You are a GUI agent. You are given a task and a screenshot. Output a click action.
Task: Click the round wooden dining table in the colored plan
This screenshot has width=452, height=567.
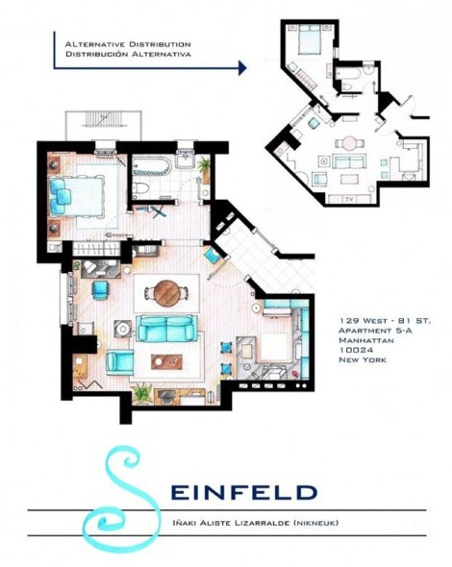click(167, 293)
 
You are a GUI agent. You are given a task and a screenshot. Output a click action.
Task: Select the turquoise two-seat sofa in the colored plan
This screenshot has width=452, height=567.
click(166, 328)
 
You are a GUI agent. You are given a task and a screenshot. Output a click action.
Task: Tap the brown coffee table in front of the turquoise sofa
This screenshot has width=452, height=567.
click(166, 361)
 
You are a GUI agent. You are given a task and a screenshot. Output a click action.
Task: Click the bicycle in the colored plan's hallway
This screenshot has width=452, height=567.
click(154, 210)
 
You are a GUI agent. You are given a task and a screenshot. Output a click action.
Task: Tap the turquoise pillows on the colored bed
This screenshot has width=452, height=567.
click(60, 196)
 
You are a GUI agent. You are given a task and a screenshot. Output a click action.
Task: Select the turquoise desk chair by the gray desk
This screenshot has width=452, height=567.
click(100, 290)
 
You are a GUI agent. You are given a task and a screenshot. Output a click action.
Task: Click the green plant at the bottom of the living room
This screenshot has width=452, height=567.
click(141, 392)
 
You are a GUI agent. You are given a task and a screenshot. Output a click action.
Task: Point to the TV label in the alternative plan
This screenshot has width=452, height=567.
click(349, 199)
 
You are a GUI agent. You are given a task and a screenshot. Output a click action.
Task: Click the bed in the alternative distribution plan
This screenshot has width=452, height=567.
click(309, 41)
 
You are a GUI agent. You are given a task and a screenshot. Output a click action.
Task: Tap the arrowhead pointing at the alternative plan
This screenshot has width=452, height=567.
click(242, 67)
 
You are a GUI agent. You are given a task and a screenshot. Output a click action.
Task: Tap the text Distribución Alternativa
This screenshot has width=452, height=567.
click(128, 54)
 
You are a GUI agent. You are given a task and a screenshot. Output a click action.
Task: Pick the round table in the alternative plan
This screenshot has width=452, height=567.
click(350, 142)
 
